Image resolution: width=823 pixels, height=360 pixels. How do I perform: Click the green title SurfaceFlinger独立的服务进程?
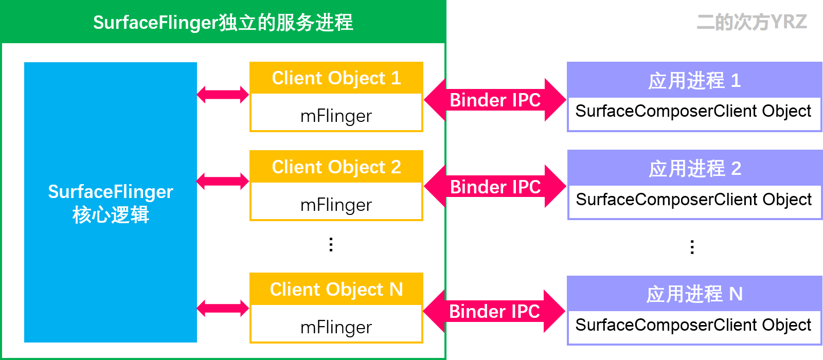[223, 23]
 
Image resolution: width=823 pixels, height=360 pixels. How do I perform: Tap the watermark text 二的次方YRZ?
[752, 22]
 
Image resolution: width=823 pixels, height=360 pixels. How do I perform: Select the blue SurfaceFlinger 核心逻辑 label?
[111, 203]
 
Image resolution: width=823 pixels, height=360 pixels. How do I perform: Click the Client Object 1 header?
[336, 78]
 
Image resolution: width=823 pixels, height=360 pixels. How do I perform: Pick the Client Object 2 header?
[336, 167]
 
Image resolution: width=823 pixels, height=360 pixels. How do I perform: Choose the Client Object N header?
[336, 290]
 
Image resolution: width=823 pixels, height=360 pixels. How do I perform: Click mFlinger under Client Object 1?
[336, 116]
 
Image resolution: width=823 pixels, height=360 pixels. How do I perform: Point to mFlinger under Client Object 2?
[336, 205]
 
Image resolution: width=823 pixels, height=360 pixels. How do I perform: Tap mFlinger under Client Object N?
[336, 328]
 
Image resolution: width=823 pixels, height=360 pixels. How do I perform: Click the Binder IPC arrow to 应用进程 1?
[495, 100]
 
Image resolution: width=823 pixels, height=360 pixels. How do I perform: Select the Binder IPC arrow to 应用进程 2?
[495, 187]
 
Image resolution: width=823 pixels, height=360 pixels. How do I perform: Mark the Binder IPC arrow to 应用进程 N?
[494, 311]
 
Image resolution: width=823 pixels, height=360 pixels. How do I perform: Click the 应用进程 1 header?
[694, 81]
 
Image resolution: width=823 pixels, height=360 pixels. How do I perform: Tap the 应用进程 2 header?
[694, 169]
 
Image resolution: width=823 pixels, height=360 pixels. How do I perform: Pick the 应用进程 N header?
[694, 294]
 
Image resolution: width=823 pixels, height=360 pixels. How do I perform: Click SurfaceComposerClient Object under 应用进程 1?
[693, 111]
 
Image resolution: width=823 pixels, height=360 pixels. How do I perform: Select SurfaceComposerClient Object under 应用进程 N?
[693, 325]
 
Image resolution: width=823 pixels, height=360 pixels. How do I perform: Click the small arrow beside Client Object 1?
[223, 95]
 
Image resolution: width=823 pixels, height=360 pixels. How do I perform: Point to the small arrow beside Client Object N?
[223, 309]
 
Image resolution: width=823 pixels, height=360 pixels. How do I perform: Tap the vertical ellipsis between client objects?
[331, 244]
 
